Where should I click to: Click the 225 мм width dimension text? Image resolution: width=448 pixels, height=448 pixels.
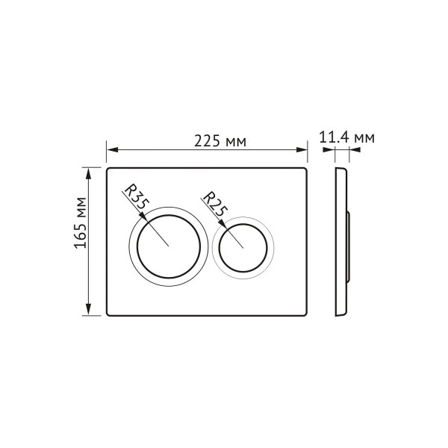[220, 140]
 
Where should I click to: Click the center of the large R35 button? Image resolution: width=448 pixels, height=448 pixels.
[170, 245]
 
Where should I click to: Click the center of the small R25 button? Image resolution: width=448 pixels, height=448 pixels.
[243, 247]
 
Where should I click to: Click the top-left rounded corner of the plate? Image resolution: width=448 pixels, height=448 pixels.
[111, 170]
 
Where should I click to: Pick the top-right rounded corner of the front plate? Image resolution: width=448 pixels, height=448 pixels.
[306, 170]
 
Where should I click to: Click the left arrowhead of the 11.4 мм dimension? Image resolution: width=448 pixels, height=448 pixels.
[328, 150]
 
